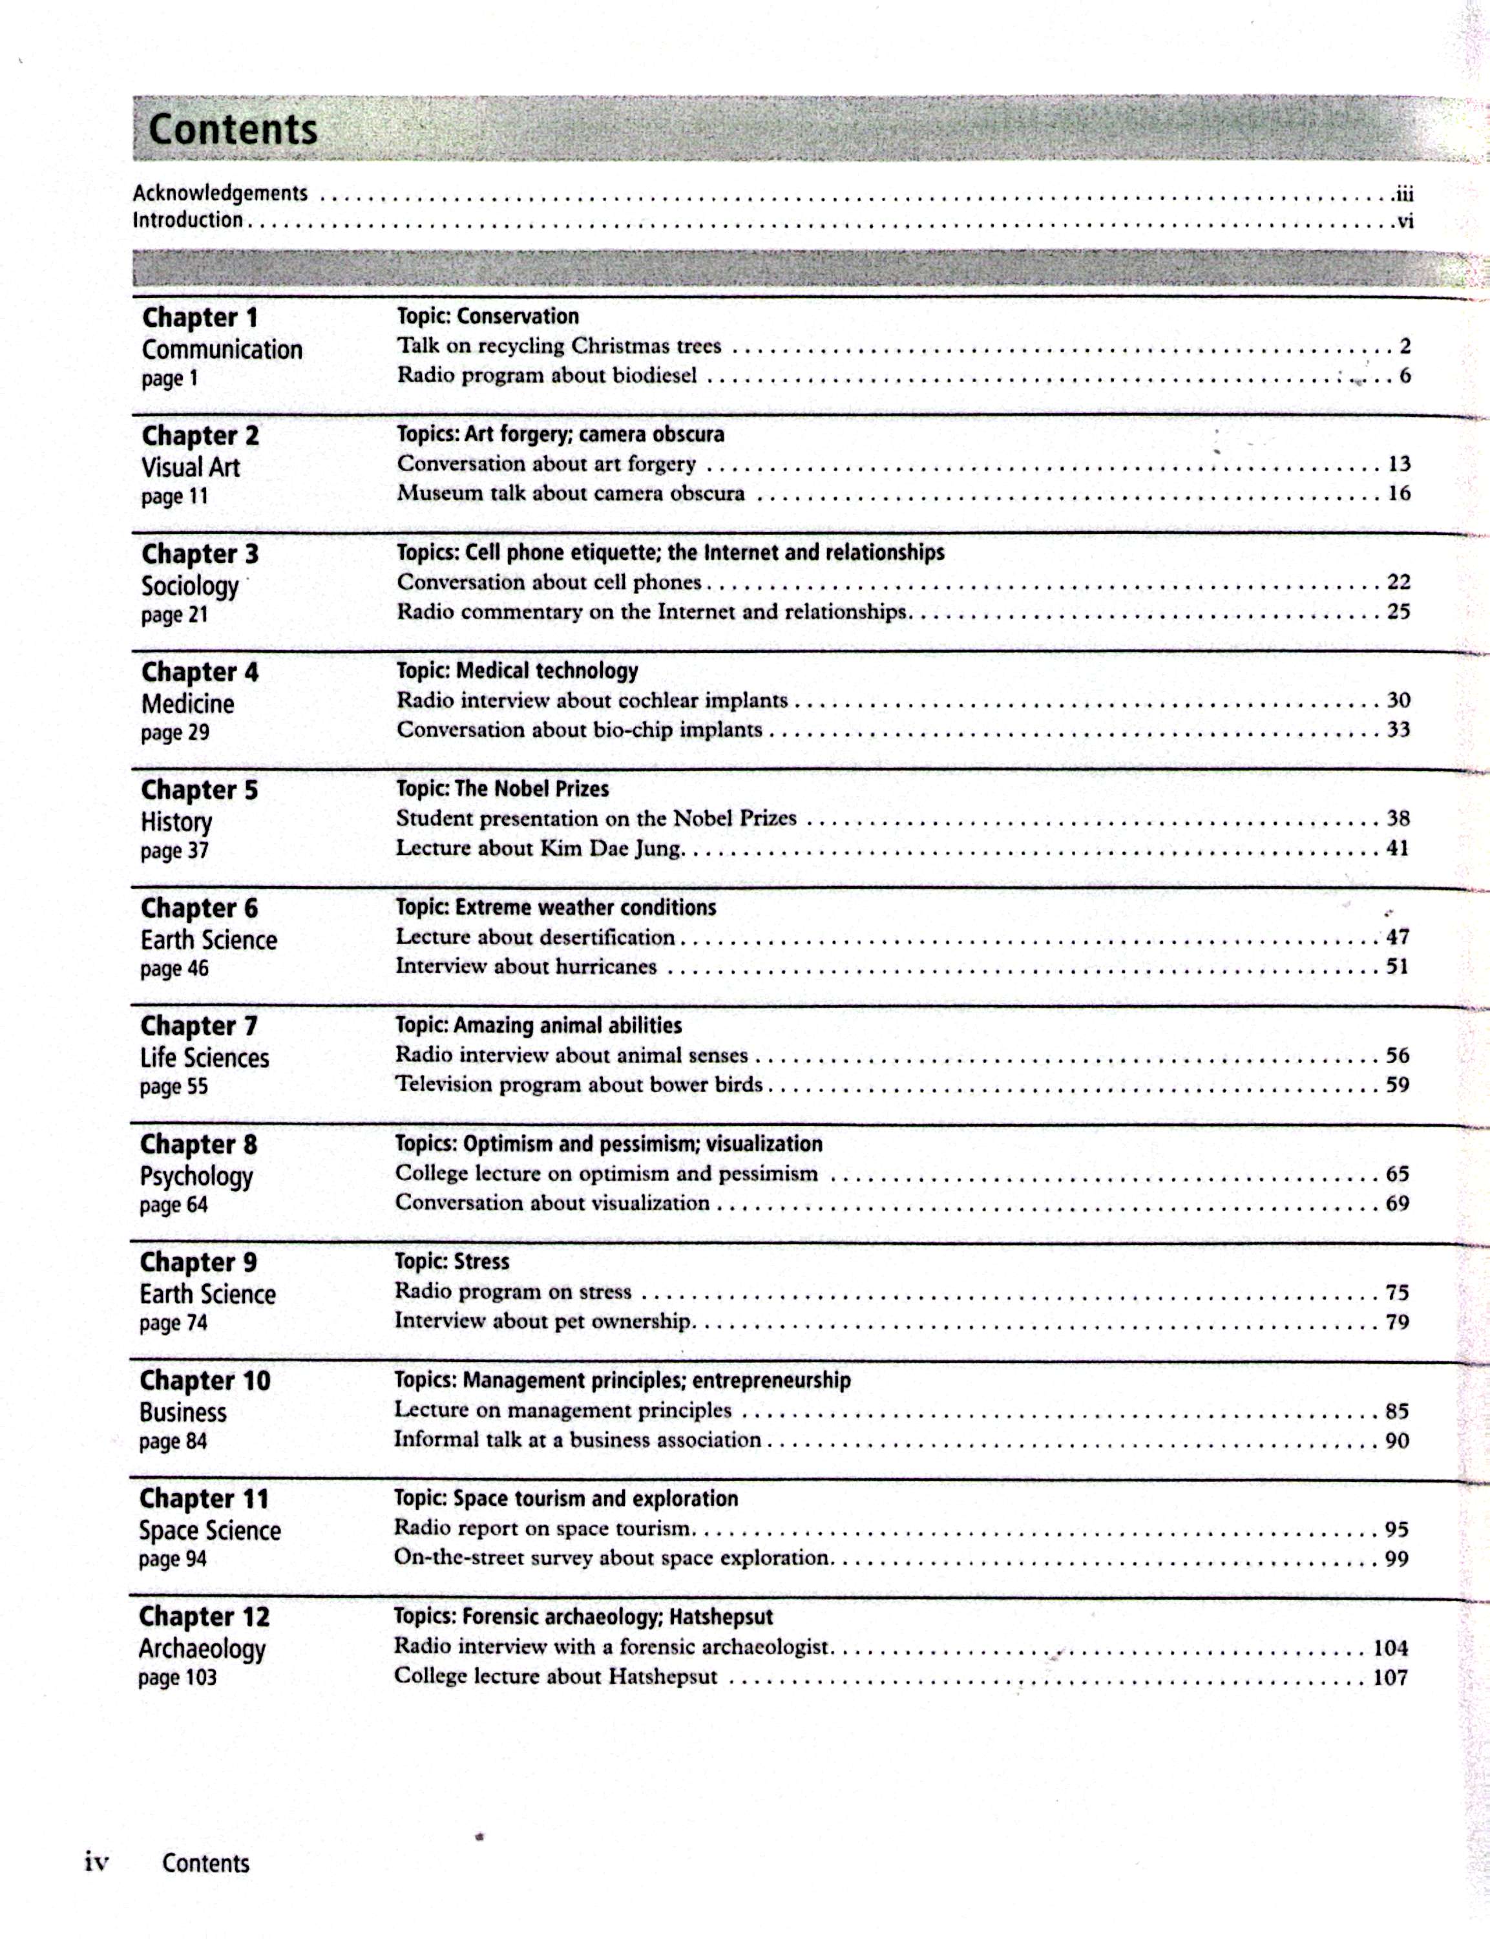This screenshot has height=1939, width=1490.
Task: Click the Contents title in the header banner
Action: (x=233, y=129)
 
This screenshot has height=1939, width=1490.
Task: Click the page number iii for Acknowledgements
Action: (x=1402, y=193)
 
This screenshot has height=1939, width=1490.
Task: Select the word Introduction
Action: (x=187, y=220)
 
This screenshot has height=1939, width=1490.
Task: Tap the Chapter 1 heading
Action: (x=200, y=317)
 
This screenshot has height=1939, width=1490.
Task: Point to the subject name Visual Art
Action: (x=191, y=467)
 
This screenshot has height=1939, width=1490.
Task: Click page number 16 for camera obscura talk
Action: (x=1399, y=493)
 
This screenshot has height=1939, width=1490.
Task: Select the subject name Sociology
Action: (x=190, y=586)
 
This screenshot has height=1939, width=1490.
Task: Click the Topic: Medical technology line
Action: (x=517, y=671)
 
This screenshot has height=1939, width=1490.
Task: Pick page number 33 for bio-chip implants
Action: (x=1399, y=730)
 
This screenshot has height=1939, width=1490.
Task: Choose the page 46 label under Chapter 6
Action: (x=174, y=969)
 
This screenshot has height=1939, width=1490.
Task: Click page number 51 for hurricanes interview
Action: (x=1398, y=966)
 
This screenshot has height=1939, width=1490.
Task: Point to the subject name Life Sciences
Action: (x=205, y=1058)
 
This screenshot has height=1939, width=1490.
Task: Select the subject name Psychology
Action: (x=196, y=1177)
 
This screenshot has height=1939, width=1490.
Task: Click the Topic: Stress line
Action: (x=452, y=1262)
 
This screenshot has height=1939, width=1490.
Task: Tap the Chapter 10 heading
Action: (x=205, y=1381)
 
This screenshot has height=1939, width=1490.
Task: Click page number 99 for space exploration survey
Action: (x=1397, y=1558)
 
